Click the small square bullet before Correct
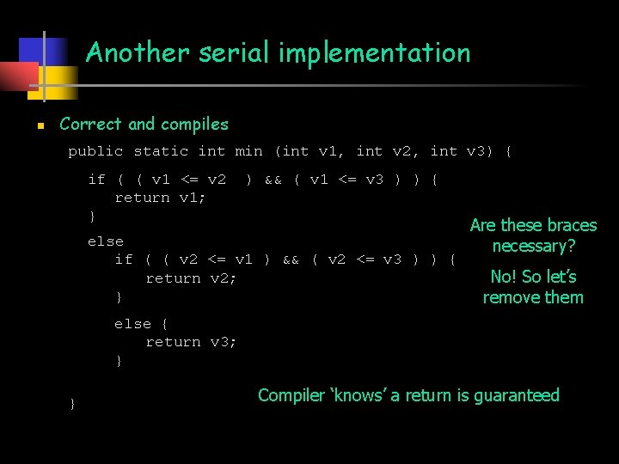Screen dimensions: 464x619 40,125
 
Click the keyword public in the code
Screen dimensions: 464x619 95,151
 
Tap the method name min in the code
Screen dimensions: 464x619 248,151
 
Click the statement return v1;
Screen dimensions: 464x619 160,198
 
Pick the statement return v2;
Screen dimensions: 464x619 191,278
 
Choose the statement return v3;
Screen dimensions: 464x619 191,342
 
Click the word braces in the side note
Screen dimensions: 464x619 572,225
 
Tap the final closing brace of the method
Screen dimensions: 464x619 72,403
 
